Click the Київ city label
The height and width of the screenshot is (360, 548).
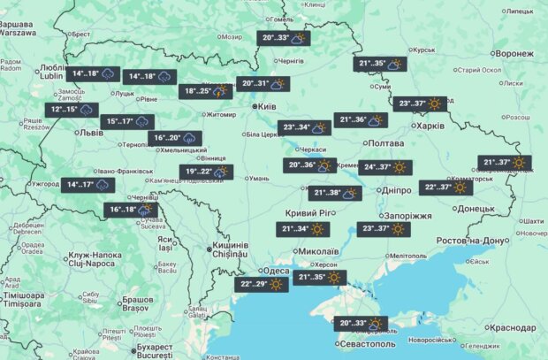coord(269,106)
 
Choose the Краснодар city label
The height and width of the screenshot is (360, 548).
coord(511,327)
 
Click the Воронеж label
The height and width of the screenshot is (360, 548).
coord(514,53)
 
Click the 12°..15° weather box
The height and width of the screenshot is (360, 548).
coord(72,110)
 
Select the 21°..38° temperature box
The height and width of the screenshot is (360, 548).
coord(337,193)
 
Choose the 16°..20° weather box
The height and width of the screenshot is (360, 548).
coord(176,137)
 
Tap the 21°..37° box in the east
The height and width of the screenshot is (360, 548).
coord(506,162)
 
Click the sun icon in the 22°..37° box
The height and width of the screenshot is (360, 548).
coord(460,188)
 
